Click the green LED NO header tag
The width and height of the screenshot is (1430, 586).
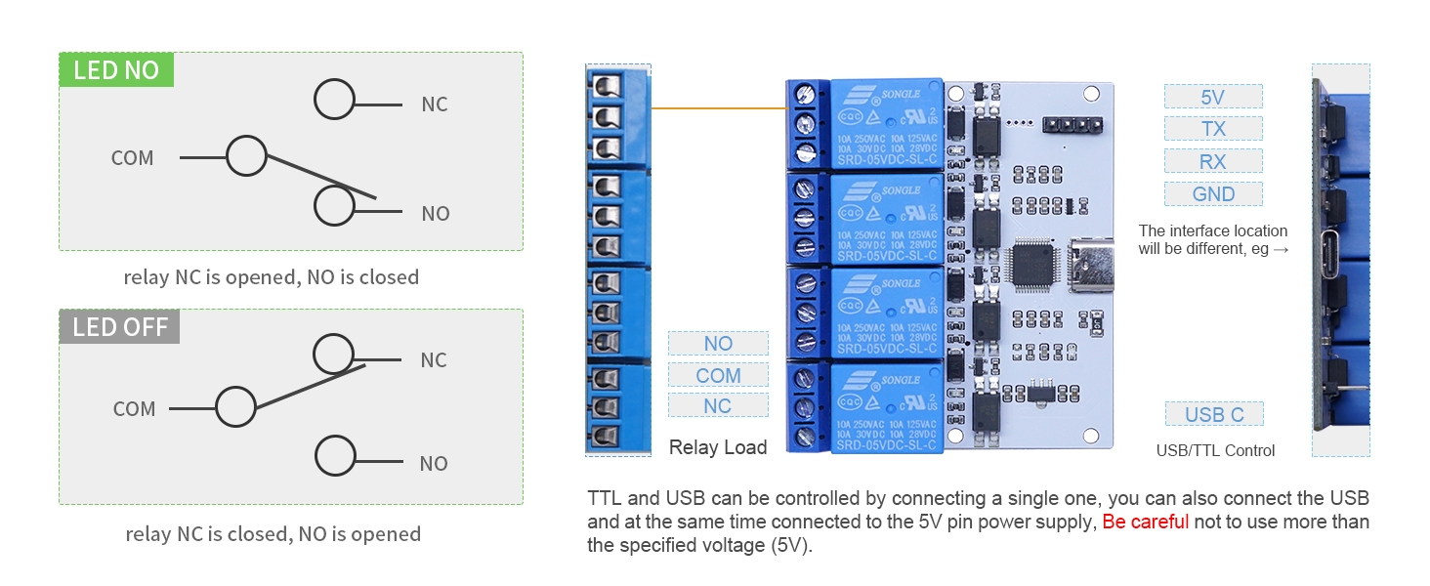(116, 70)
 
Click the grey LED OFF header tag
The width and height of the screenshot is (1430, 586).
(120, 327)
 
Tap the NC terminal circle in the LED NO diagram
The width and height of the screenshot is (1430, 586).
(334, 101)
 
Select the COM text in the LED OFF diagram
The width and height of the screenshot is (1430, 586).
(134, 409)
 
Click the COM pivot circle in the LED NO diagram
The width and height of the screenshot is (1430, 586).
(246, 156)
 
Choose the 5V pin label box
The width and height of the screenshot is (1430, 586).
(1213, 97)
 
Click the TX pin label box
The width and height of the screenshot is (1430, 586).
(1213, 129)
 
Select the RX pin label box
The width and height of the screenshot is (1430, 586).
(1213, 161)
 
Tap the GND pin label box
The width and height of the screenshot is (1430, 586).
(1213, 194)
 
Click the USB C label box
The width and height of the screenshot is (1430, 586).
(1214, 414)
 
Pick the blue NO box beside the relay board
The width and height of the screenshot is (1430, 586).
(718, 344)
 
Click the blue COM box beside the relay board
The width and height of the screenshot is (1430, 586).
(718, 375)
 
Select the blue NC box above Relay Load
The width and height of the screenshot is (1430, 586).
(718, 405)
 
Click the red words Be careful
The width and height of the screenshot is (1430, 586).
(1145, 522)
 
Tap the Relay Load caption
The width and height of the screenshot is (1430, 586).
(718, 447)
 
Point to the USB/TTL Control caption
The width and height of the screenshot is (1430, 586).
(1215, 450)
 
